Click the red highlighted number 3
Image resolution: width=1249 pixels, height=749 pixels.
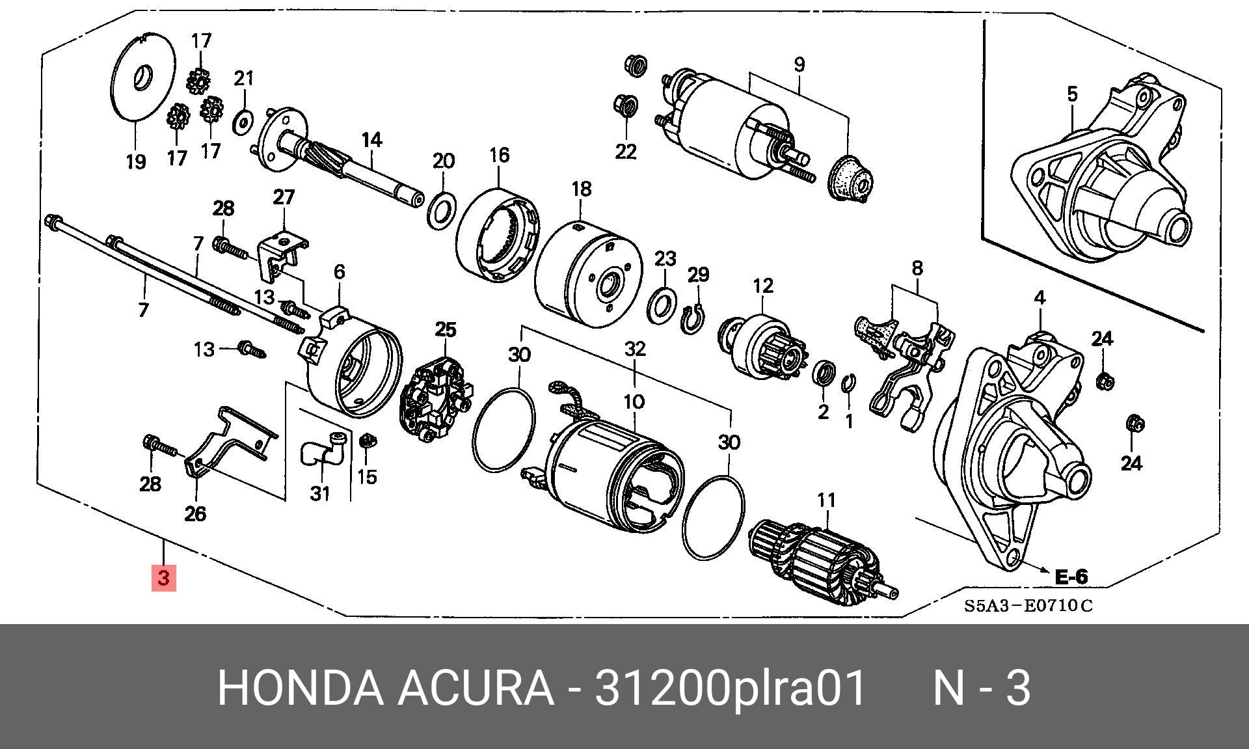point(163,578)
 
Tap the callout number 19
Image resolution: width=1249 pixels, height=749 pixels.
point(135,161)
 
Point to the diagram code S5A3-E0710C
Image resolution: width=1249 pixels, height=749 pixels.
point(1028,606)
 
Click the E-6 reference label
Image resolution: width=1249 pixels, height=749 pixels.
point(1070,577)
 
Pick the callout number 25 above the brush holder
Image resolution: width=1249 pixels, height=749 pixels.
point(446,330)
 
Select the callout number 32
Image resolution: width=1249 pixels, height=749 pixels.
point(635,349)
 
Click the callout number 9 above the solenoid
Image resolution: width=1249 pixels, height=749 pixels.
point(799,65)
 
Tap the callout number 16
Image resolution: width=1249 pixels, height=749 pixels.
point(499,155)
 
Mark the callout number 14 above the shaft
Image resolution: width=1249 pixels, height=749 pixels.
point(371,140)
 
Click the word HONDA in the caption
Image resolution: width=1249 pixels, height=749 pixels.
point(300,688)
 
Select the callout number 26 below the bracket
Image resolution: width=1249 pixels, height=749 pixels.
point(195,513)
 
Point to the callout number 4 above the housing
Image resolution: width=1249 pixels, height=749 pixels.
point(1040,298)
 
